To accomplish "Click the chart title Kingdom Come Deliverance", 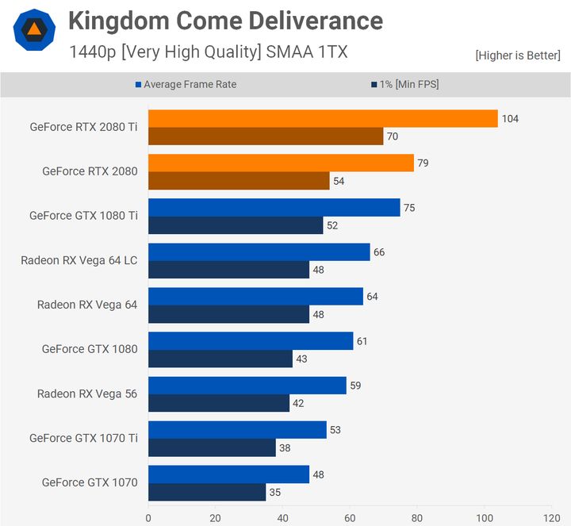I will (x=225, y=21).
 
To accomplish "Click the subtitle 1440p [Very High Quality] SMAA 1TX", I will (x=208, y=52).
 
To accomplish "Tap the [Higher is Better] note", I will (x=518, y=56).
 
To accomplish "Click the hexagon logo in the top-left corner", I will (x=34, y=31).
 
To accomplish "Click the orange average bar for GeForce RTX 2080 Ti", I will (x=323, y=118).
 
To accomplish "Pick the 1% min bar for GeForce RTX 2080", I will (x=239, y=181).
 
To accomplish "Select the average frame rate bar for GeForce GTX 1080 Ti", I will (x=274, y=207).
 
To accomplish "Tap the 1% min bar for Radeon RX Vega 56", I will (x=219, y=403).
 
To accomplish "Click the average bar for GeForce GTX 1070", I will (x=228, y=474).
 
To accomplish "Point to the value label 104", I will (x=510, y=119).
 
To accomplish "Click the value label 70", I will (x=392, y=136).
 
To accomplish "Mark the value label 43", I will (x=301, y=359).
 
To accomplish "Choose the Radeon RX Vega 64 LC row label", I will (x=79, y=259).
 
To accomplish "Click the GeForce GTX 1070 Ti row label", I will (x=83, y=437).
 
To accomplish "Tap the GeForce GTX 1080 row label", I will (x=90, y=348).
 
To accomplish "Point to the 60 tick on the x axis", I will (x=350, y=519).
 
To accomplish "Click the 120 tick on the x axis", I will (x=550, y=519).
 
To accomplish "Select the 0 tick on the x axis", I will (x=148, y=519).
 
